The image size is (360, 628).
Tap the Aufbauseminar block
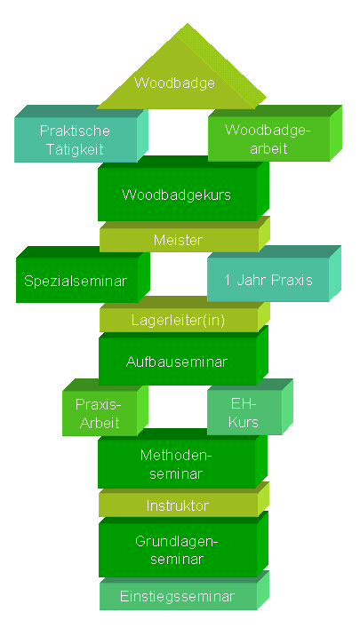(x=183, y=355)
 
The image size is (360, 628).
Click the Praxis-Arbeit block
(x=106, y=408)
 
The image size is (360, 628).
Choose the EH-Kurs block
(x=250, y=407)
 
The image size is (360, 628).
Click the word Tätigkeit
(x=75, y=149)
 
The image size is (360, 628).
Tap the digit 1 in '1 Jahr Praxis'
(x=228, y=280)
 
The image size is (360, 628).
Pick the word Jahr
(x=251, y=280)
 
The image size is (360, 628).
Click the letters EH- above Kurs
(x=244, y=403)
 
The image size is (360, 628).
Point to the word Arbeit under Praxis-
(x=100, y=423)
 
